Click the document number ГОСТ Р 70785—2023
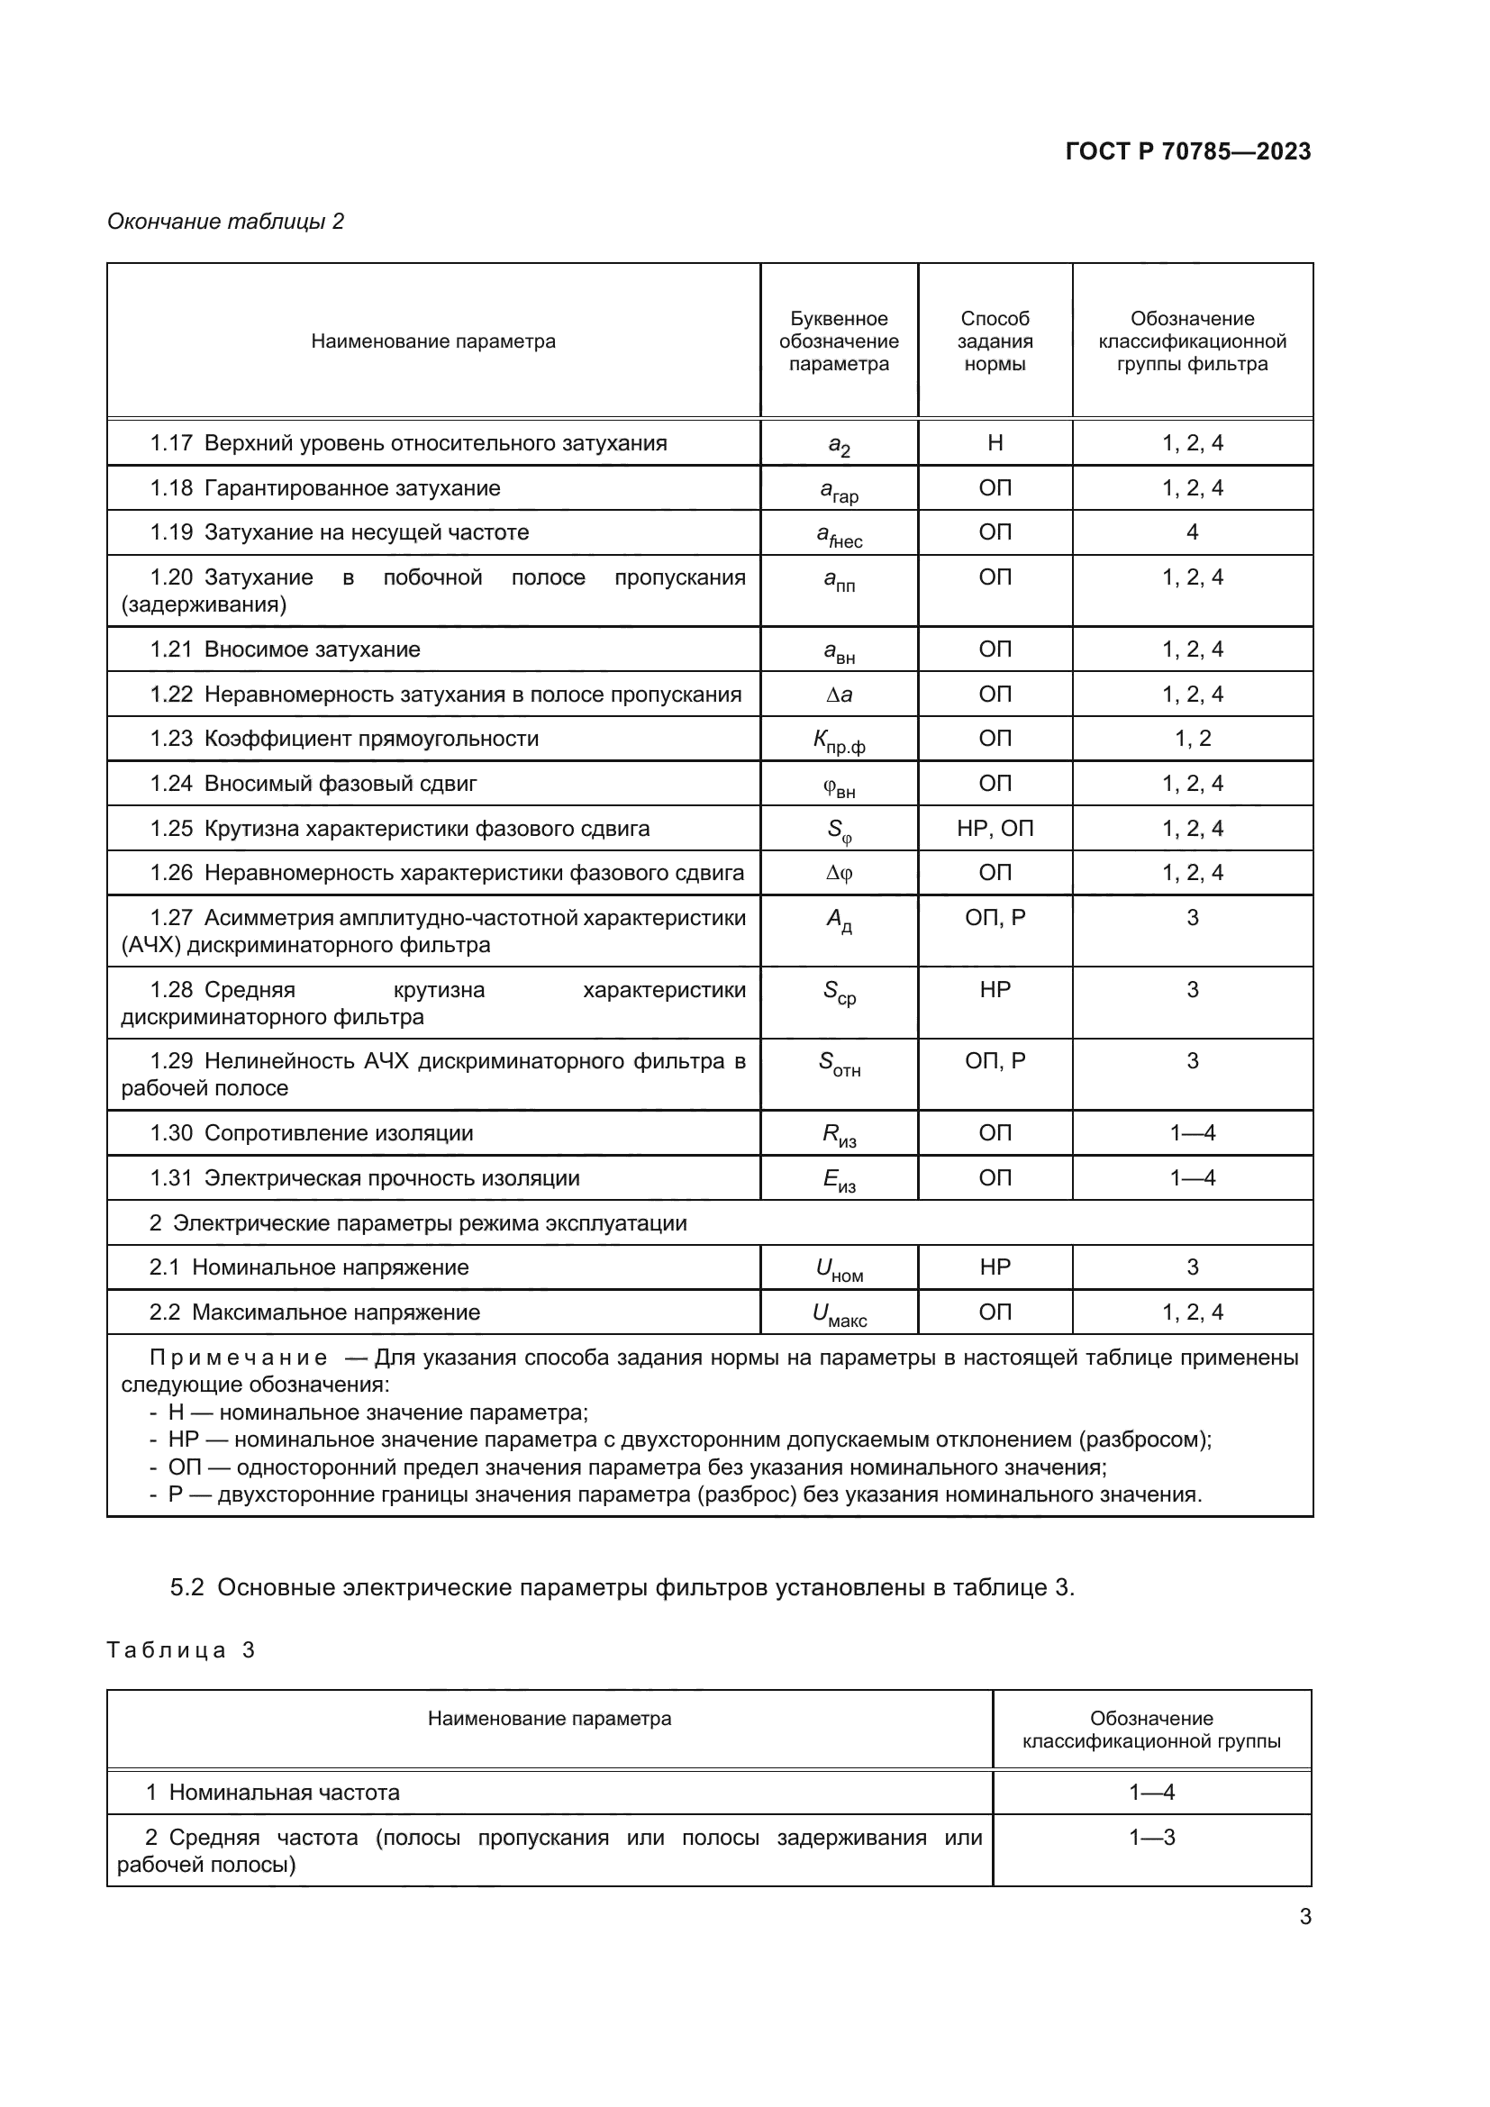coord(1187,151)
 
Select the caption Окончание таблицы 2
coord(226,222)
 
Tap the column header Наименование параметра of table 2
coord(433,341)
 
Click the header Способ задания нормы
coord(995,341)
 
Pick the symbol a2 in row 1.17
coord(839,445)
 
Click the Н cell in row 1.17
coord(995,443)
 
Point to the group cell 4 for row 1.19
coord(1192,532)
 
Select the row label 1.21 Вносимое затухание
coord(286,649)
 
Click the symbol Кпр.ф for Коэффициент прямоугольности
coord(839,741)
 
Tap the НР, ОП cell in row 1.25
coord(995,829)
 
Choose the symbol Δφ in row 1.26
coord(839,874)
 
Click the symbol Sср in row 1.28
coord(839,992)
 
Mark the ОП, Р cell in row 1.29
coord(995,1061)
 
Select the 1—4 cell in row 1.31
coord(1192,1178)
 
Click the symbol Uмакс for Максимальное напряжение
coord(839,1315)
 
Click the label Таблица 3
coord(181,1650)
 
